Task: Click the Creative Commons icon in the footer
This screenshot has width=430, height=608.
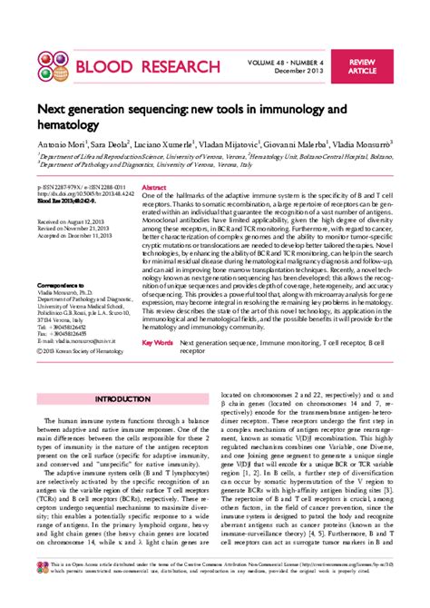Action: coord(42,592)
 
